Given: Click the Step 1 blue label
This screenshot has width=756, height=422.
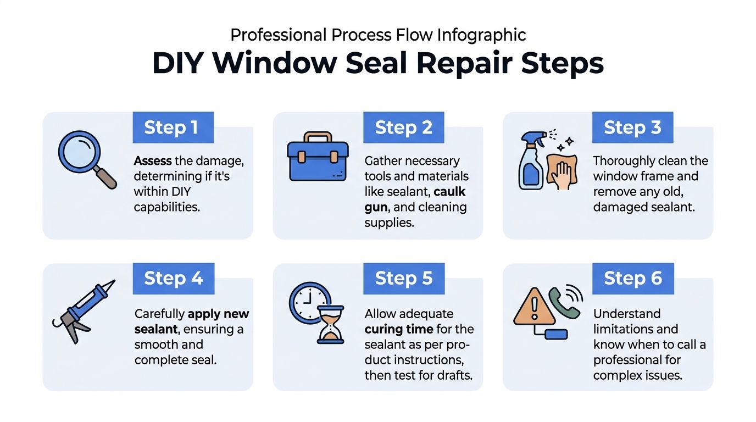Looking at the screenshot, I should [x=173, y=127].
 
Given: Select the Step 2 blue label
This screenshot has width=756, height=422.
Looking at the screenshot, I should [x=403, y=127].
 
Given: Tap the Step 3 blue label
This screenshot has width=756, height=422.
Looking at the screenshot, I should [x=632, y=127].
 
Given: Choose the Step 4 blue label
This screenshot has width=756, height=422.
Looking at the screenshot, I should [x=173, y=279].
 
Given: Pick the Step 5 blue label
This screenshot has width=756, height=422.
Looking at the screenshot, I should [x=403, y=279].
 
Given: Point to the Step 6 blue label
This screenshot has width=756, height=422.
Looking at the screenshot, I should [x=632, y=279].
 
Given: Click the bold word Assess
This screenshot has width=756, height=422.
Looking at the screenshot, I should [x=153, y=161].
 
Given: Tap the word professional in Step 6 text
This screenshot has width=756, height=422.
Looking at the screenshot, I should [x=637, y=360].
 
